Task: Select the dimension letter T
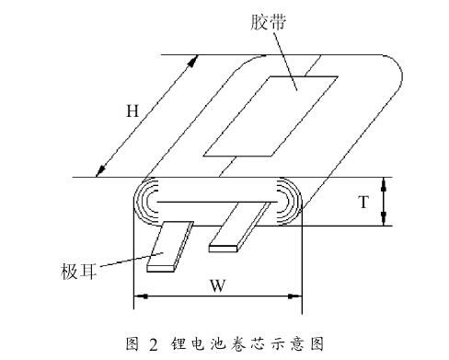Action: pos(363,202)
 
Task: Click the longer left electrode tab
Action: pos(170,246)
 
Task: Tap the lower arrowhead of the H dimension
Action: pos(100,172)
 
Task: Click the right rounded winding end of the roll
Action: pos(293,201)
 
